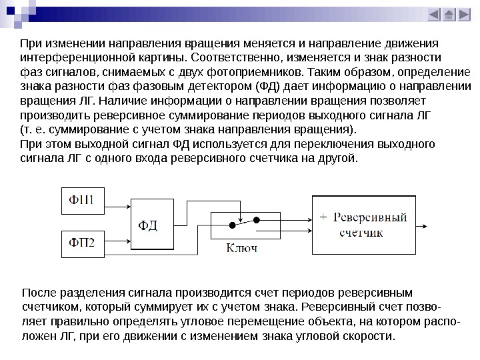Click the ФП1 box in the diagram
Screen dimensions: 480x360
coord(84,199)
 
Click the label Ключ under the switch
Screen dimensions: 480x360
coord(241,248)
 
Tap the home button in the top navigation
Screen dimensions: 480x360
coord(449,15)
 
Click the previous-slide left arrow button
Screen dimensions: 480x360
coord(434,15)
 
